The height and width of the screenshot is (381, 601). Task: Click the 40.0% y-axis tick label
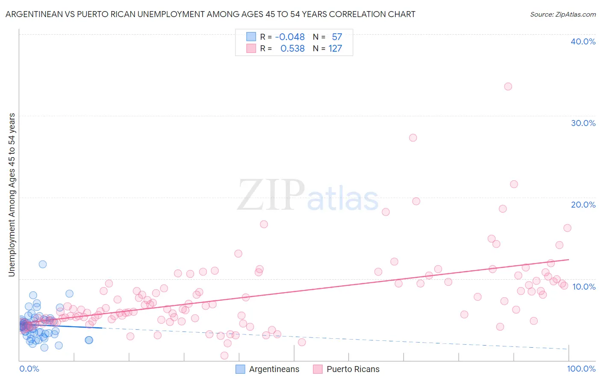[x=583, y=41]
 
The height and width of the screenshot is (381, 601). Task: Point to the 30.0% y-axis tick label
[x=583, y=123]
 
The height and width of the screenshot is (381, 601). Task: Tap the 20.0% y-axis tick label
[x=583, y=205]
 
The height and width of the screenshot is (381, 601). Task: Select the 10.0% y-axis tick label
[x=584, y=287]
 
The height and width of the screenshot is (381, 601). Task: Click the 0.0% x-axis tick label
[x=29, y=369]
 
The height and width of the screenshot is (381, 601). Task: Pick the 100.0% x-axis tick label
[x=581, y=369]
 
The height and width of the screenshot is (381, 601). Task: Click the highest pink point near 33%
[x=508, y=86]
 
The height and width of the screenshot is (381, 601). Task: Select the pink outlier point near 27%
[x=413, y=138]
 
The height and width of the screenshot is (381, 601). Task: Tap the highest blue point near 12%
[x=43, y=264]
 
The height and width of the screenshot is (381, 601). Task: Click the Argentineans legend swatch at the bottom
[x=240, y=369]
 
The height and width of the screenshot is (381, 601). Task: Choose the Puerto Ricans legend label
[x=353, y=369]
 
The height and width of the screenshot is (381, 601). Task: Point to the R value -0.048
[x=290, y=37]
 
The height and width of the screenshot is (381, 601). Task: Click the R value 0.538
[x=292, y=49]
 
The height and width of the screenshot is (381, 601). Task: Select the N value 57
[x=337, y=37]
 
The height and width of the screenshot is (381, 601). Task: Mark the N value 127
[x=335, y=49]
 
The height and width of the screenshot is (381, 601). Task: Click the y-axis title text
[x=12, y=194]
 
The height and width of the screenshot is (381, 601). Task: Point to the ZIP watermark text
[x=271, y=195]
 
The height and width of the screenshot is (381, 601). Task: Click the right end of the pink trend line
[x=569, y=259]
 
